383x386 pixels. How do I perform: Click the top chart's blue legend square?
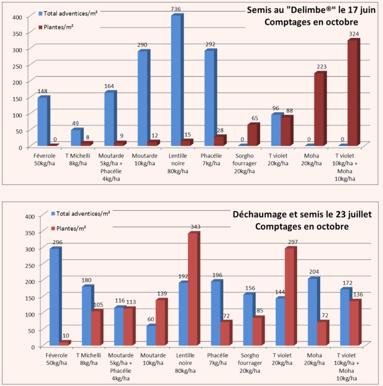pos(41,14)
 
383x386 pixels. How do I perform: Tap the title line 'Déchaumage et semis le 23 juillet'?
pos(302,215)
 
